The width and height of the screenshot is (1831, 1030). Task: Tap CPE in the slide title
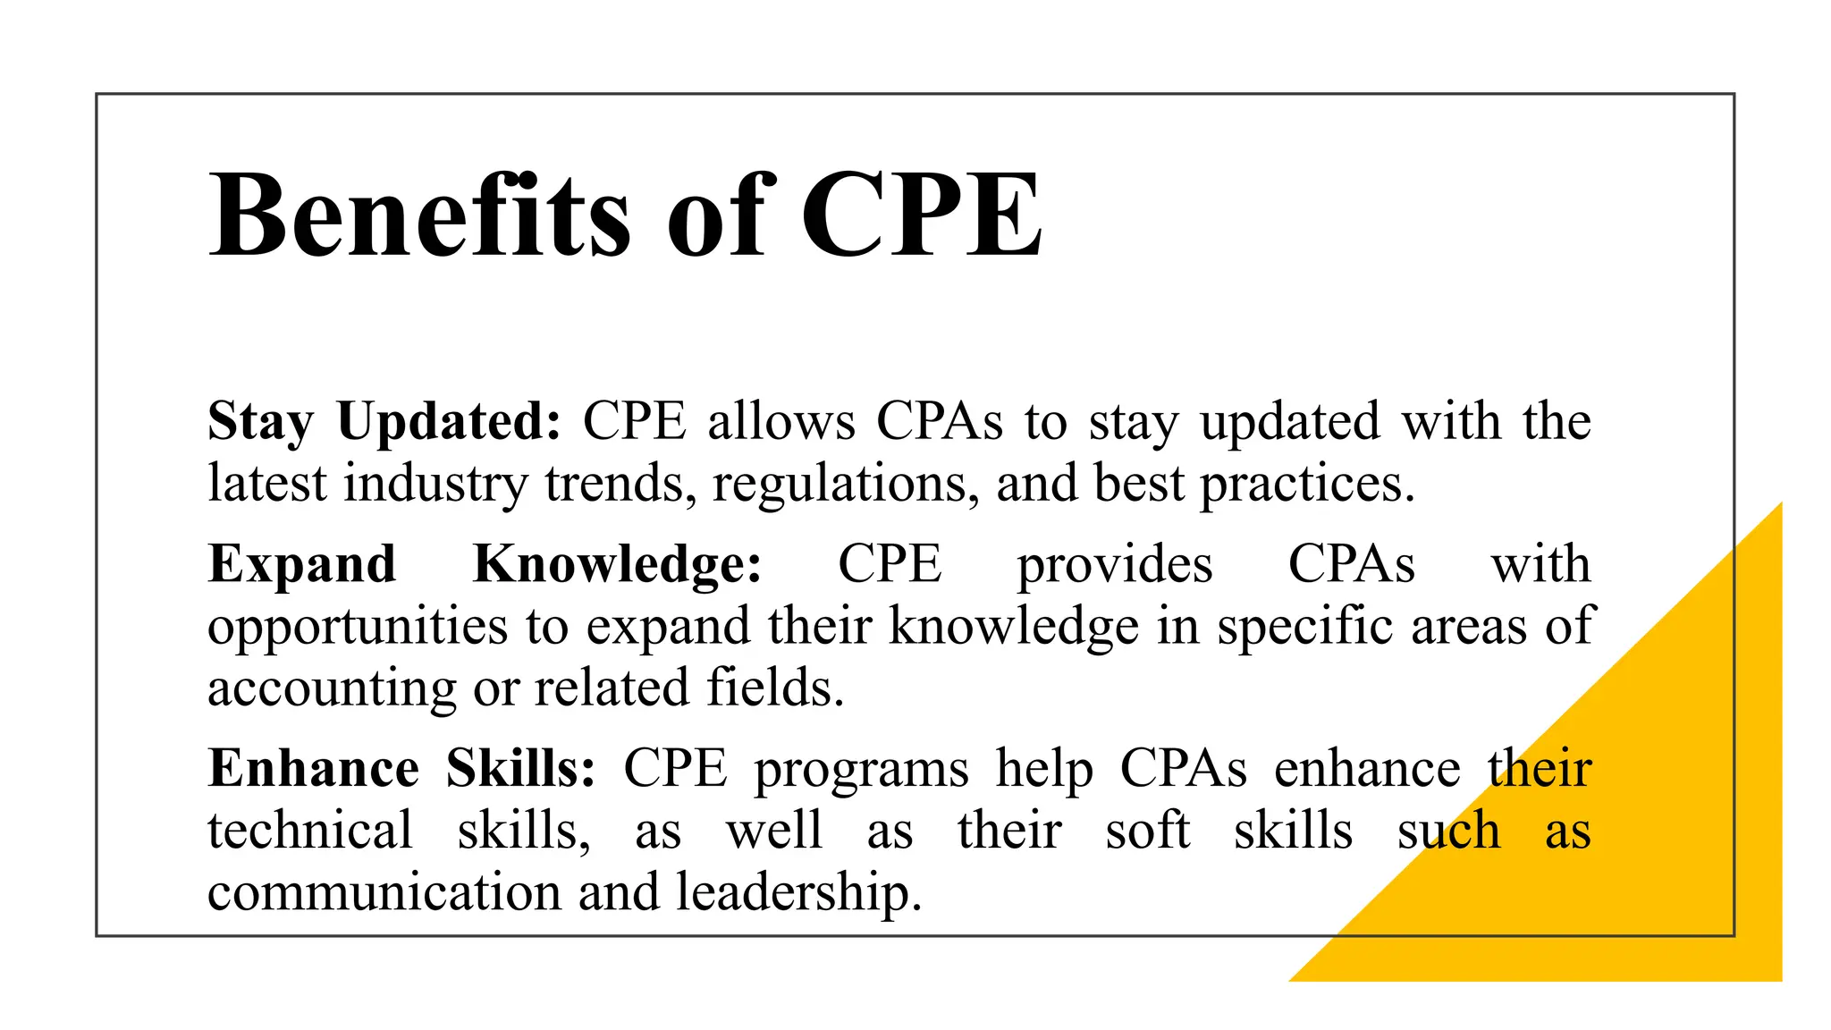pyautogui.click(x=921, y=216)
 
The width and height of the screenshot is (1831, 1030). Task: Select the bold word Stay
pyautogui.click(x=260, y=421)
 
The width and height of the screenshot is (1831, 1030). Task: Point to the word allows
pyautogui.click(x=781, y=421)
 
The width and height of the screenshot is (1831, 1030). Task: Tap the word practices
pyautogui.click(x=1306, y=484)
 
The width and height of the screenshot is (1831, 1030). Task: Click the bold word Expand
pyautogui.click(x=301, y=564)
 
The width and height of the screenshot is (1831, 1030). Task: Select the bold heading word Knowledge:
pyautogui.click(x=617, y=564)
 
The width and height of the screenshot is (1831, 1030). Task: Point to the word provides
pyautogui.click(x=1115, y=564)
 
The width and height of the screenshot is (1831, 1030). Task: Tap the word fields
pyautogui.click(x=775, y=688)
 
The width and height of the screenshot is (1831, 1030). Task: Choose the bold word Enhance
pyautogui.click(x=313, y=768)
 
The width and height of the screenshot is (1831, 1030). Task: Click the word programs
pyautogui.click(x=861, y=770)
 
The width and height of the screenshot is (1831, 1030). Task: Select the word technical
pyautogui.click(x=310, y=831)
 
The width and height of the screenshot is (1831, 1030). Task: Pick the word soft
pyautogui.click(x=1147, y=831)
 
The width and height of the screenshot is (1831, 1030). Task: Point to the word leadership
pyautogui.click(x=798, y=892)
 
